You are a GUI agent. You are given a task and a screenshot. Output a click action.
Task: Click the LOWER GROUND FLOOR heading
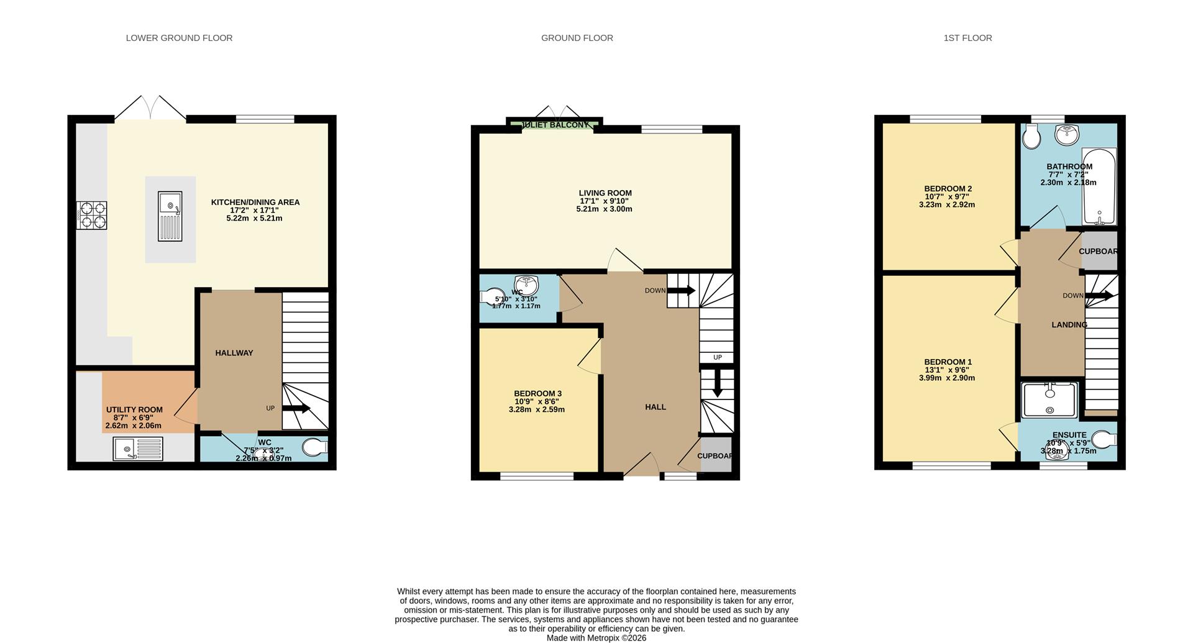point(179,38)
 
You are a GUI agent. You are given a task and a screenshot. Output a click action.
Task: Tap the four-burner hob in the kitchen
point(92,215)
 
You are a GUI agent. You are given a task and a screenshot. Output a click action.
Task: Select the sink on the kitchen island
point(170,216)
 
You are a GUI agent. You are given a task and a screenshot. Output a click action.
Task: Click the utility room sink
point(138,449)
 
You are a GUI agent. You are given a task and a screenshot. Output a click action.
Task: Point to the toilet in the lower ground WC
point(315,447)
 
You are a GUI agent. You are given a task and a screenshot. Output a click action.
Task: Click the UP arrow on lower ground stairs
point(297,408)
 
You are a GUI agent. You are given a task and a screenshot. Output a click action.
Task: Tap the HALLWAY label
point(234,353)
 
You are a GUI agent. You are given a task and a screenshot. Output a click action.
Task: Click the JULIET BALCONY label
point(555,125)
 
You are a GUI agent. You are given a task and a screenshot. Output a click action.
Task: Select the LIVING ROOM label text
point(605,193)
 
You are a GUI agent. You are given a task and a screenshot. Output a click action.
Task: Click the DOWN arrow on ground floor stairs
point(682,290)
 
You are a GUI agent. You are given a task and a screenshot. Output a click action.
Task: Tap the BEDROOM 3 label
point(537,393)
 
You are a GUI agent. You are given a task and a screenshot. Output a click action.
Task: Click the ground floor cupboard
point(715,455)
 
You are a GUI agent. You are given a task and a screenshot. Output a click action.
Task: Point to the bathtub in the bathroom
point(1099,186)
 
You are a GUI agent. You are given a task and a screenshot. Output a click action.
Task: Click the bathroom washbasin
point(1067,134)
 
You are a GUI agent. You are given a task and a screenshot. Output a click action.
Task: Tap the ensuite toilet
point(1104,440)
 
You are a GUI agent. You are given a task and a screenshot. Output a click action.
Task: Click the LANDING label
point(1069,325)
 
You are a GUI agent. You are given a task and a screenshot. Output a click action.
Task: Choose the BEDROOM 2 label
point(948,189)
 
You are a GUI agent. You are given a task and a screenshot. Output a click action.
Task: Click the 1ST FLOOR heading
point(967,38)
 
